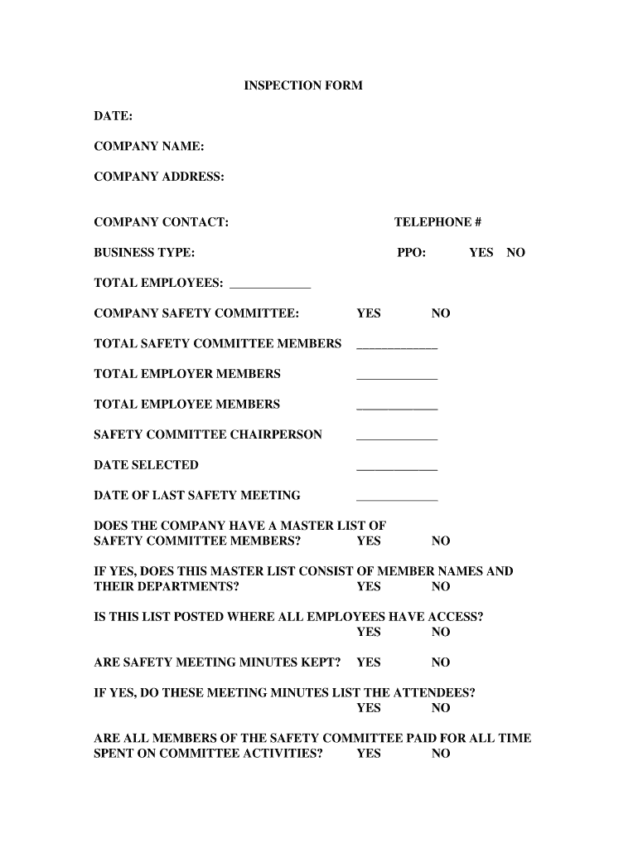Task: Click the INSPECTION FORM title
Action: (302, 85)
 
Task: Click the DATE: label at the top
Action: (114, 116)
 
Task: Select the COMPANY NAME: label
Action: (149, 146)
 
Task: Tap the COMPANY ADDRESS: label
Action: (159, 177)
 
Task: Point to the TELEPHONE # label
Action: (437, 222)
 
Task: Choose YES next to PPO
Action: (481, 253)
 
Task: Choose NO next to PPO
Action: (515, 253)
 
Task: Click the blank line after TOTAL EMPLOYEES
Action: (269, 284)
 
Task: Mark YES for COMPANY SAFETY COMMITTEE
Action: (369, 313)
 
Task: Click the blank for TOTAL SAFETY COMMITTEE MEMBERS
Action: (397, 346)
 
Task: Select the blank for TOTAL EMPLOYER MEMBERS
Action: (397, 376)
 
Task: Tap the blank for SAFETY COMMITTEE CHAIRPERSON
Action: (397, 437)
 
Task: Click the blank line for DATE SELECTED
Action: (397, 468)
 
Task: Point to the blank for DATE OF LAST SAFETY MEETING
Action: (397, 498)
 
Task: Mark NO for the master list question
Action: (441, 541)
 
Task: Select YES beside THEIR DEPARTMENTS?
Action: (369, 587)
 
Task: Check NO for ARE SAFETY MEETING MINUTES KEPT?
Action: (441, 662)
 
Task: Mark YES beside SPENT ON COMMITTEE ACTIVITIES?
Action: (369, 754)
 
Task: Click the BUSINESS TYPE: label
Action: (145, 253)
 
